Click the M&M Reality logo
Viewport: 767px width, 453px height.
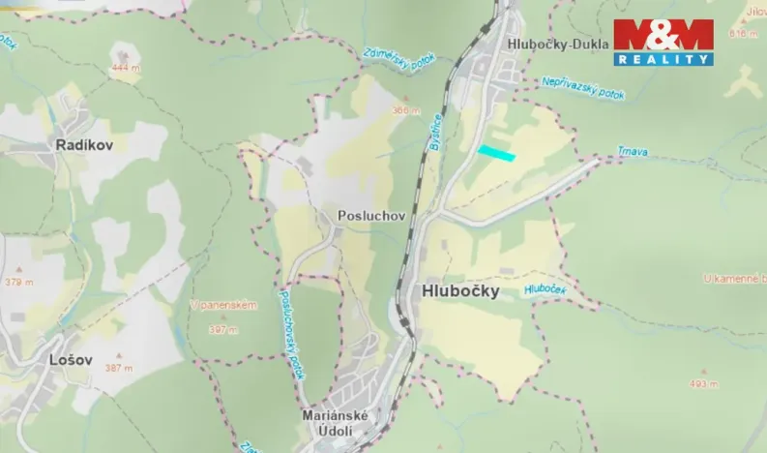[664, 42]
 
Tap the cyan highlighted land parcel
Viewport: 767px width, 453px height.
[496, 153]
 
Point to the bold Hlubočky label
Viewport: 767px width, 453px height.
[459, 290]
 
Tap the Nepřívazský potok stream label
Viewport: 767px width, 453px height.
[583, 88]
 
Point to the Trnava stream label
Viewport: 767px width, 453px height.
[633, 151]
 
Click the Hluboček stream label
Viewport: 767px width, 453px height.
[544, 288]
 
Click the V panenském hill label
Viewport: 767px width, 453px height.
[223, 306]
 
